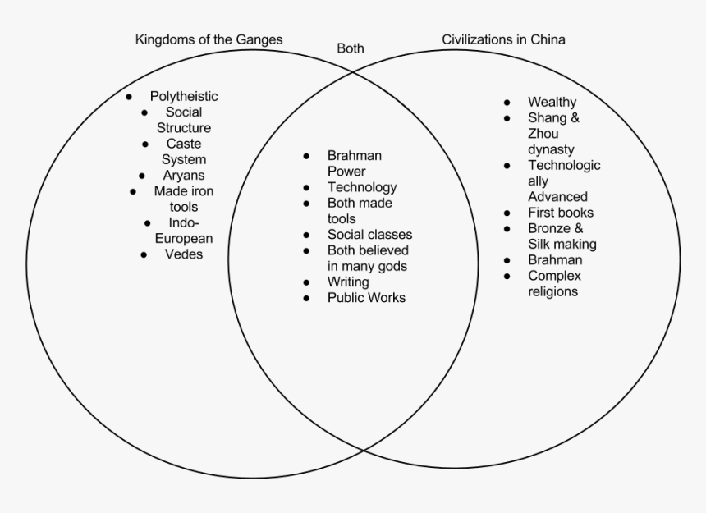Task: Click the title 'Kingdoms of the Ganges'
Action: [x=209, y=39]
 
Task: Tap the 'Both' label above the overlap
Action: [x=351, y=48]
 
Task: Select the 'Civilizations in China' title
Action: [x=503, y=39]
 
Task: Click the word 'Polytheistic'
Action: [x=184, y=97]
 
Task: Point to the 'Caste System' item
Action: [x=184, y=151]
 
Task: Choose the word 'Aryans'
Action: [x=184, y=175]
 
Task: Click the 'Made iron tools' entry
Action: [x=184, y=199]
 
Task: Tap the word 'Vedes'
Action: [x=184, y=254]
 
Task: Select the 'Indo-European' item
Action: [x=184, y=231]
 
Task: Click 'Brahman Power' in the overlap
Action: [x=354, y=163]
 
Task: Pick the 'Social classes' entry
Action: [x=369, y=235]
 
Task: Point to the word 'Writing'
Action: [x=348, y=282]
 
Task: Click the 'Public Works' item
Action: [x=366, y=298]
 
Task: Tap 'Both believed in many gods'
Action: [x=367, y=259]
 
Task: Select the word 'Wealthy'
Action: [x=552, y=102]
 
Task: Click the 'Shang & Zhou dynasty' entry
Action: [x=553, y=134]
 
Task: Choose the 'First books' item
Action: [x=561, y=213]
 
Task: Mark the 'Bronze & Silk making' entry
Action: [x=562, y=236]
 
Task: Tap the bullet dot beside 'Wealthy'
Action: [x=508, y=103]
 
